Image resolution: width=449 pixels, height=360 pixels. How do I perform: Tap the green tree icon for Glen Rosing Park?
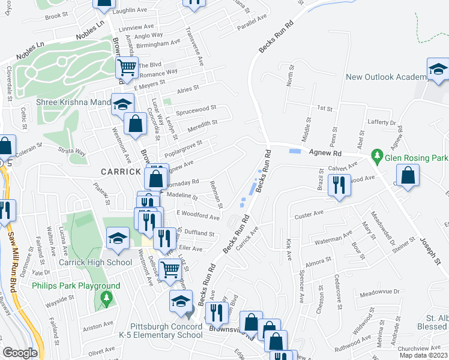[377, 157]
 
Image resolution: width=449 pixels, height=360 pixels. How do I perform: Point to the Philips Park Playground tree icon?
[107, 297]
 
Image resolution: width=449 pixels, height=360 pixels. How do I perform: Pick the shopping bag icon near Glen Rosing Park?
[408, 175]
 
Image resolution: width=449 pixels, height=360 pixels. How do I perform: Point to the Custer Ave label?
[309, 214]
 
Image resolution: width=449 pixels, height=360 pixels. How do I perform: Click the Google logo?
[20, 353]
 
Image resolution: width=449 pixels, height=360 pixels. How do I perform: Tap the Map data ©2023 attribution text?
[423, 355]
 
